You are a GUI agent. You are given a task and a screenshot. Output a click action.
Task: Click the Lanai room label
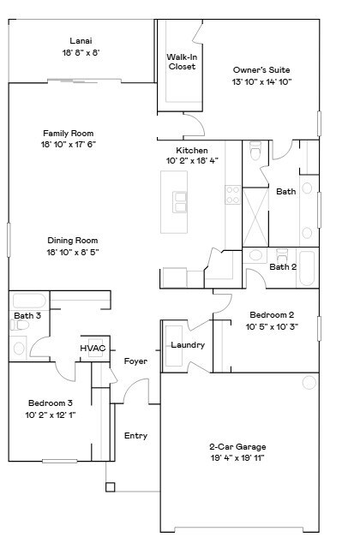tap(81, 40)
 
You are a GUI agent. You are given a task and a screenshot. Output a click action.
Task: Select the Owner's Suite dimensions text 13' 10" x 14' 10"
tap(261, 82)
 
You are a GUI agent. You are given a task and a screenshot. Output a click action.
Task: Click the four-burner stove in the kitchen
tap(232, 194)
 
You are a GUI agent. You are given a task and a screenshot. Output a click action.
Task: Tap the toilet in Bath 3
tap(20, 347)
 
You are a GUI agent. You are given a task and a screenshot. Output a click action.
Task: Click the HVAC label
tap(93, 349)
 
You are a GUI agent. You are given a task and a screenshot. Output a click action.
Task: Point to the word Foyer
tap(135, 361)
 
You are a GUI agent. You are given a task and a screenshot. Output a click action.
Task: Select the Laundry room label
tap(187, 345)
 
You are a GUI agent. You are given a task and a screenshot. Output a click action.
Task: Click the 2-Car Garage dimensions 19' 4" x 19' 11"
tap(237, 458)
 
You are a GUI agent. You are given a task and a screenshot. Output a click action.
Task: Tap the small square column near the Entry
tap(110, 487)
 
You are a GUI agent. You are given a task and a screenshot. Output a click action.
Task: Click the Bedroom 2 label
tap(272, 314)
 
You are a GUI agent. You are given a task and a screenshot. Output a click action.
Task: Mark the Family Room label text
tap(69, 133)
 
